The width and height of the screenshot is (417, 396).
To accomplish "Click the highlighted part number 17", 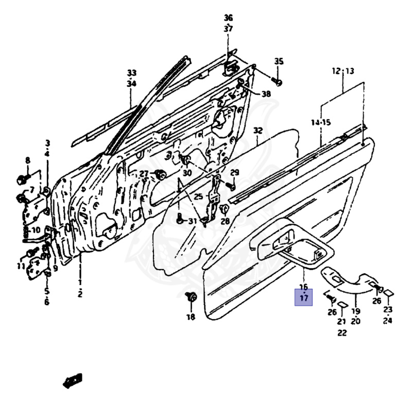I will pyautogui.click(x=303, y=298).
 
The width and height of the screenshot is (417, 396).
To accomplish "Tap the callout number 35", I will pyautogui.click(x=279, y=61).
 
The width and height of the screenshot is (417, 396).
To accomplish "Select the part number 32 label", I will pyautogui.click(x=258, y=130).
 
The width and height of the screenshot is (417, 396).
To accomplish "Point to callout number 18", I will pyautogui.click(x=191, y=317).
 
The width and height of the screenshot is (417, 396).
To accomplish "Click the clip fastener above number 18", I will pyautogui.click(x=192, y=297).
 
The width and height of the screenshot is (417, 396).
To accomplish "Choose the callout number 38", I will pyautogui.click(x=266, y=94).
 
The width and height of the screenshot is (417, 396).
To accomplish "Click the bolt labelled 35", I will pyautogui.click(x=278, y=81).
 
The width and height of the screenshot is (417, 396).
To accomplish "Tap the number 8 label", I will pyautogui.click(x=28, y=160).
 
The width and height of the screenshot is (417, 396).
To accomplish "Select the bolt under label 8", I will pyautogui.click(x=22, y=180).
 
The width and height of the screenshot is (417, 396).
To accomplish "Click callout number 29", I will pyautogui.click(x=235, y=172).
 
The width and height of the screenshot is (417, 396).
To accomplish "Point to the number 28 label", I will pyautogui.click(x=225, y=221).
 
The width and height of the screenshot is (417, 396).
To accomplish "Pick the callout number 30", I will pyautogui.click(x=187, y=173).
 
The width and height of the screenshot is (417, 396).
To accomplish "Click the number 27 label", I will pyautogui.click(x=144, y=174).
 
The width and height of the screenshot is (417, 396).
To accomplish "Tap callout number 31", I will pyautogui.click(x=192, y=221).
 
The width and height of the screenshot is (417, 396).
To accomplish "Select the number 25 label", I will pyautogui.click(x=199, y=196).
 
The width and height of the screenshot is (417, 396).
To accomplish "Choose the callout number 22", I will pyautogui.click(x=342, y=333).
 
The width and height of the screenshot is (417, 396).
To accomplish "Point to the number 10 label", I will pyautogui.click(x=36, y=230).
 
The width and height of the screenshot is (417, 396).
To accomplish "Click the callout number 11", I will pyautogui.click(x=21, y=266).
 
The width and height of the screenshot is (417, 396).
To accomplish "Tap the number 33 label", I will pyautogui.click(x=132, y=73).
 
